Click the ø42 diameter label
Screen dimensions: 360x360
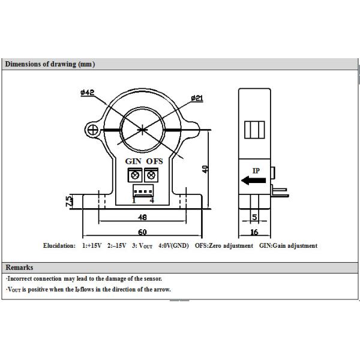(x=88, y=93)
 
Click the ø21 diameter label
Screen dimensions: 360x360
(x=199, y=98)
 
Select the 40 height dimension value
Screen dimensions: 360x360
(x=205, y=169)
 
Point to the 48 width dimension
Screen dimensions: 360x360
(x=143, y=217)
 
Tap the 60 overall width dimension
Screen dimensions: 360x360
(x=143, y=232)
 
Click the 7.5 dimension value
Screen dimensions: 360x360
(x=70, y=200)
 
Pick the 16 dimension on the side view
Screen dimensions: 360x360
(x=254, y=232)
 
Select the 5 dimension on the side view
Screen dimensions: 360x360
(x=254, y=217)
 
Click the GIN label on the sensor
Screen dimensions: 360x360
(x=133, y=161)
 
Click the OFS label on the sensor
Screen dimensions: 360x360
(x=154, y=161)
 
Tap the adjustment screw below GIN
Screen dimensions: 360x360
(x=134, y=175)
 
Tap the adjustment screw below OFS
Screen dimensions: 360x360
(x=151, y=175)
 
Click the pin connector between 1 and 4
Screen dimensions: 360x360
(x=143, y=190)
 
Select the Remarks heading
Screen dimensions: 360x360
(x=19, y=268)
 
